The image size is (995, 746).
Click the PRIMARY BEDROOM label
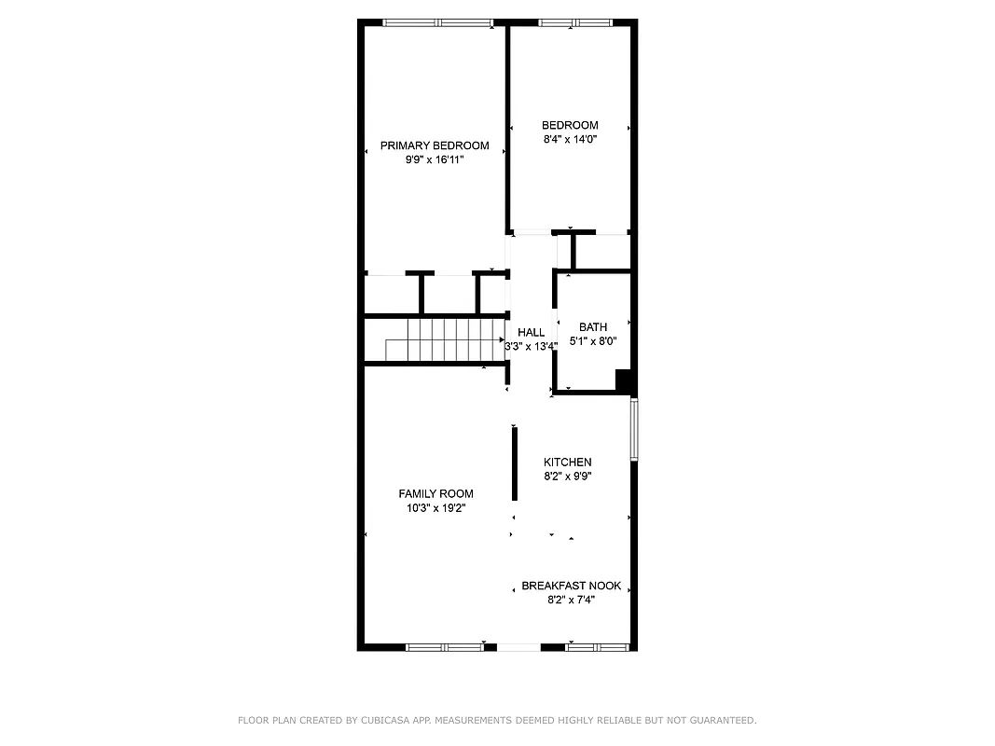click(435, 145)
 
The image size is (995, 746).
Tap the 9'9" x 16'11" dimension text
click(435, 160)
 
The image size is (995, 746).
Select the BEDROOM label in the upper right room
click(570, 125)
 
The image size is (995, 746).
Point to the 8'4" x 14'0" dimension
click(570, 139)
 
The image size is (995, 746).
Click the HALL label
click(532, 332)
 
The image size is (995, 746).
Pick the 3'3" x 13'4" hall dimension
click(532, 346)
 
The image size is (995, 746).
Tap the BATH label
click(593, 326)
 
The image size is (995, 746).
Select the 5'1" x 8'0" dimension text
click(593, 340)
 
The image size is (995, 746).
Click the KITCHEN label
click(568, 462)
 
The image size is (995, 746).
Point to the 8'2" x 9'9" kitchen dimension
click(568, 476)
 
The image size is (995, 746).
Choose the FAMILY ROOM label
click(435, 493)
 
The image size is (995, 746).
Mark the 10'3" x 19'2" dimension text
click(435, 508)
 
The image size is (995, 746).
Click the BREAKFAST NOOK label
click(571, 586)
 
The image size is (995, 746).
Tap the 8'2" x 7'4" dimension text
click(571, 600)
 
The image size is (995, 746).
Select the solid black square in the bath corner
click(625, 380)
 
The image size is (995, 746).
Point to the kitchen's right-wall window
click(634, 429)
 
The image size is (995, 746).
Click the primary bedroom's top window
click(438, 22)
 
